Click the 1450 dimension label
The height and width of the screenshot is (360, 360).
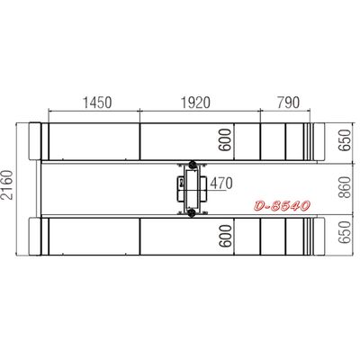coord(96,103)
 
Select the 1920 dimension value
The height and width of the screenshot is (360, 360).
coord(195,103)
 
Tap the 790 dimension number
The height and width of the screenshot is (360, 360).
coord(288,103)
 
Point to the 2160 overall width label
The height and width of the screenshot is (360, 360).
coord(7,184)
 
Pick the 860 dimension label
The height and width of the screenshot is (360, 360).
coord(346,187)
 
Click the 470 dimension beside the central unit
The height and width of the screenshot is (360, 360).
coord(221,184)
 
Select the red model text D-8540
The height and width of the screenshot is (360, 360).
coord(282,206)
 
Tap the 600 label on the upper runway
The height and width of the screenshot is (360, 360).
coord(226,139)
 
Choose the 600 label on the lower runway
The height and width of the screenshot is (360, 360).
coord(226,236)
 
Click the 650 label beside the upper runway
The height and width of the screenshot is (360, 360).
coord(345,140)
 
